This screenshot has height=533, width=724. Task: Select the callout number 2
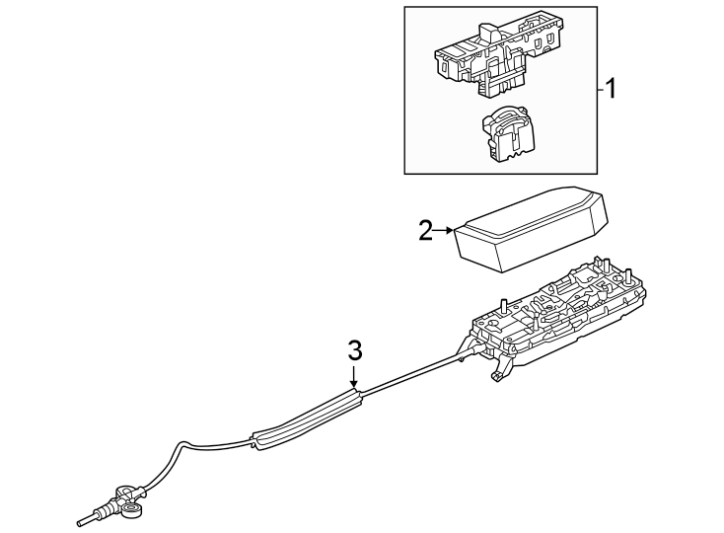[425, 231]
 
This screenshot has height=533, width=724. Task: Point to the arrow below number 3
[355, 378]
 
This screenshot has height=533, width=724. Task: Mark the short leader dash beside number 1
[598, 90]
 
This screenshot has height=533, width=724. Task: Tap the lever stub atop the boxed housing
[486, 31]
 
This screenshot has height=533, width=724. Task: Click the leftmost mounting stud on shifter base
[503, 306]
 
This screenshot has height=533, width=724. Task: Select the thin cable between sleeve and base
[409, 374]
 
